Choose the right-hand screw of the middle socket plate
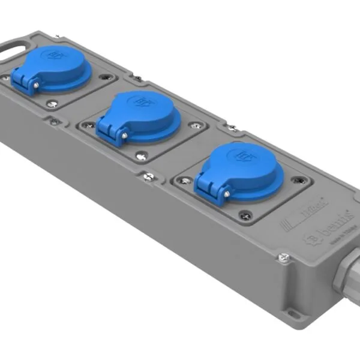coord(195,125)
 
